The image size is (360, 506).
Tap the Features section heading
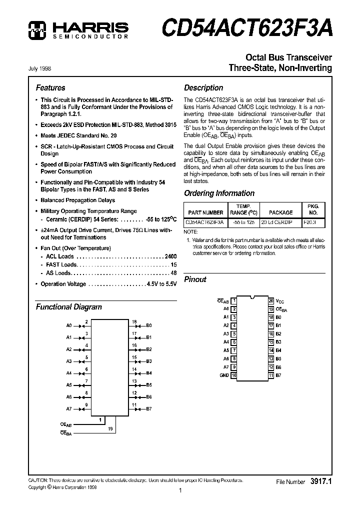click(x=50, y=88)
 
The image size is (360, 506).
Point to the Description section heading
click(x=203, y=88)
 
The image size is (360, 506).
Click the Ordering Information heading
click(x=219, y=193)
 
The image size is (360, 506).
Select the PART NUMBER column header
click(x=204, y=212)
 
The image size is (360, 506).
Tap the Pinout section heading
click(x=195, y=279)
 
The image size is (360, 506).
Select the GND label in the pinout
click(x=224, y=375)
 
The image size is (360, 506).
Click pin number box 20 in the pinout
click(x=271, y=301)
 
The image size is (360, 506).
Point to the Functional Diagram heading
click(x=68, y=307)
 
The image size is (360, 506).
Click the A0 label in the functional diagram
click(x=69, y=325)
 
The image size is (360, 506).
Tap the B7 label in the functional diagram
click(x=149, y=408)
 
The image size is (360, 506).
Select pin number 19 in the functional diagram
click(x=110, y=429)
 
